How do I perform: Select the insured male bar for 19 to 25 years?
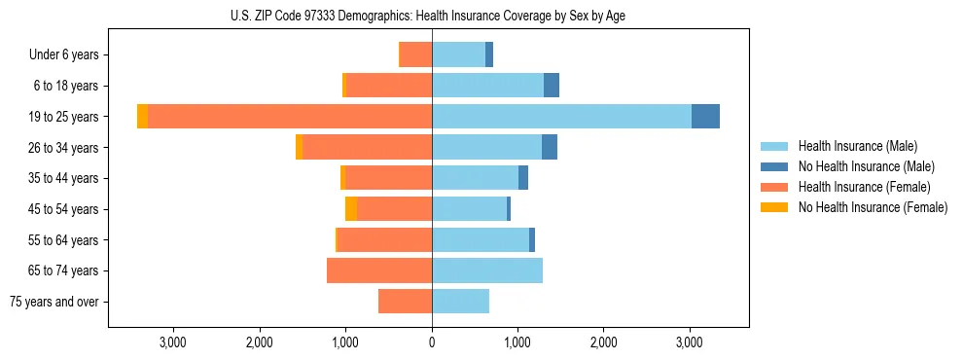point(561,117)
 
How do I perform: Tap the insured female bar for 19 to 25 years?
point(290,117)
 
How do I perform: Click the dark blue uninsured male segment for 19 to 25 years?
point(705,117)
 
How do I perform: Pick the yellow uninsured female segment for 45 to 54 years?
point(351,209)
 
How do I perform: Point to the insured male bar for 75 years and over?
point(460,302)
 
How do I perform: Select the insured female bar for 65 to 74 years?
point(379,270)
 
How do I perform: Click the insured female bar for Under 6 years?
point(416,55)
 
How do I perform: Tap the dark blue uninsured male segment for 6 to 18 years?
point(552,86)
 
